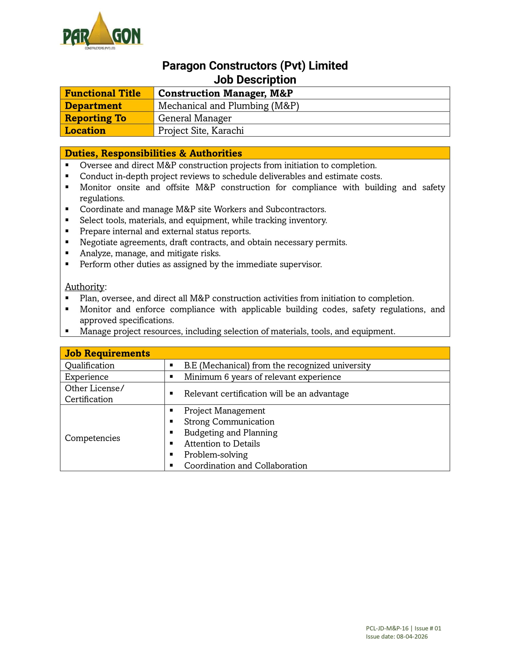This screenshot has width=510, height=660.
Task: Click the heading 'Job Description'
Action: [x=255, y=80]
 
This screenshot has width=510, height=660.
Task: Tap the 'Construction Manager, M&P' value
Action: [x=226, y=93]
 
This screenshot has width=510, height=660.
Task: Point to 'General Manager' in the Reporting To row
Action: [x=195, y=118]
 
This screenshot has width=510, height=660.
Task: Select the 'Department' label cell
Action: [x=93, y=106]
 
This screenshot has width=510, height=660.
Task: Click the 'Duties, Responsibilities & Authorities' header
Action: [x=153, y=153]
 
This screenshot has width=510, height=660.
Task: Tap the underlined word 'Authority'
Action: [x=85, y=286]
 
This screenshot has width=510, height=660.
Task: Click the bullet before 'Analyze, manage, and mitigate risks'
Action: [x=67, y=253]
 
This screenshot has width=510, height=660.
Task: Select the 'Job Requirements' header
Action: [x=107, y=353]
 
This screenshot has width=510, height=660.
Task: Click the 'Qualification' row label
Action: [x=89, y=365]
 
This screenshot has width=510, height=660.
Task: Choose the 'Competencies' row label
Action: [x=92, y=438]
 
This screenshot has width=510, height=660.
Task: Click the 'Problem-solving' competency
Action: [x=216, y=455]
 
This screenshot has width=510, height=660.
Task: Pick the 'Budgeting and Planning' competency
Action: [x=231, y=432]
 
